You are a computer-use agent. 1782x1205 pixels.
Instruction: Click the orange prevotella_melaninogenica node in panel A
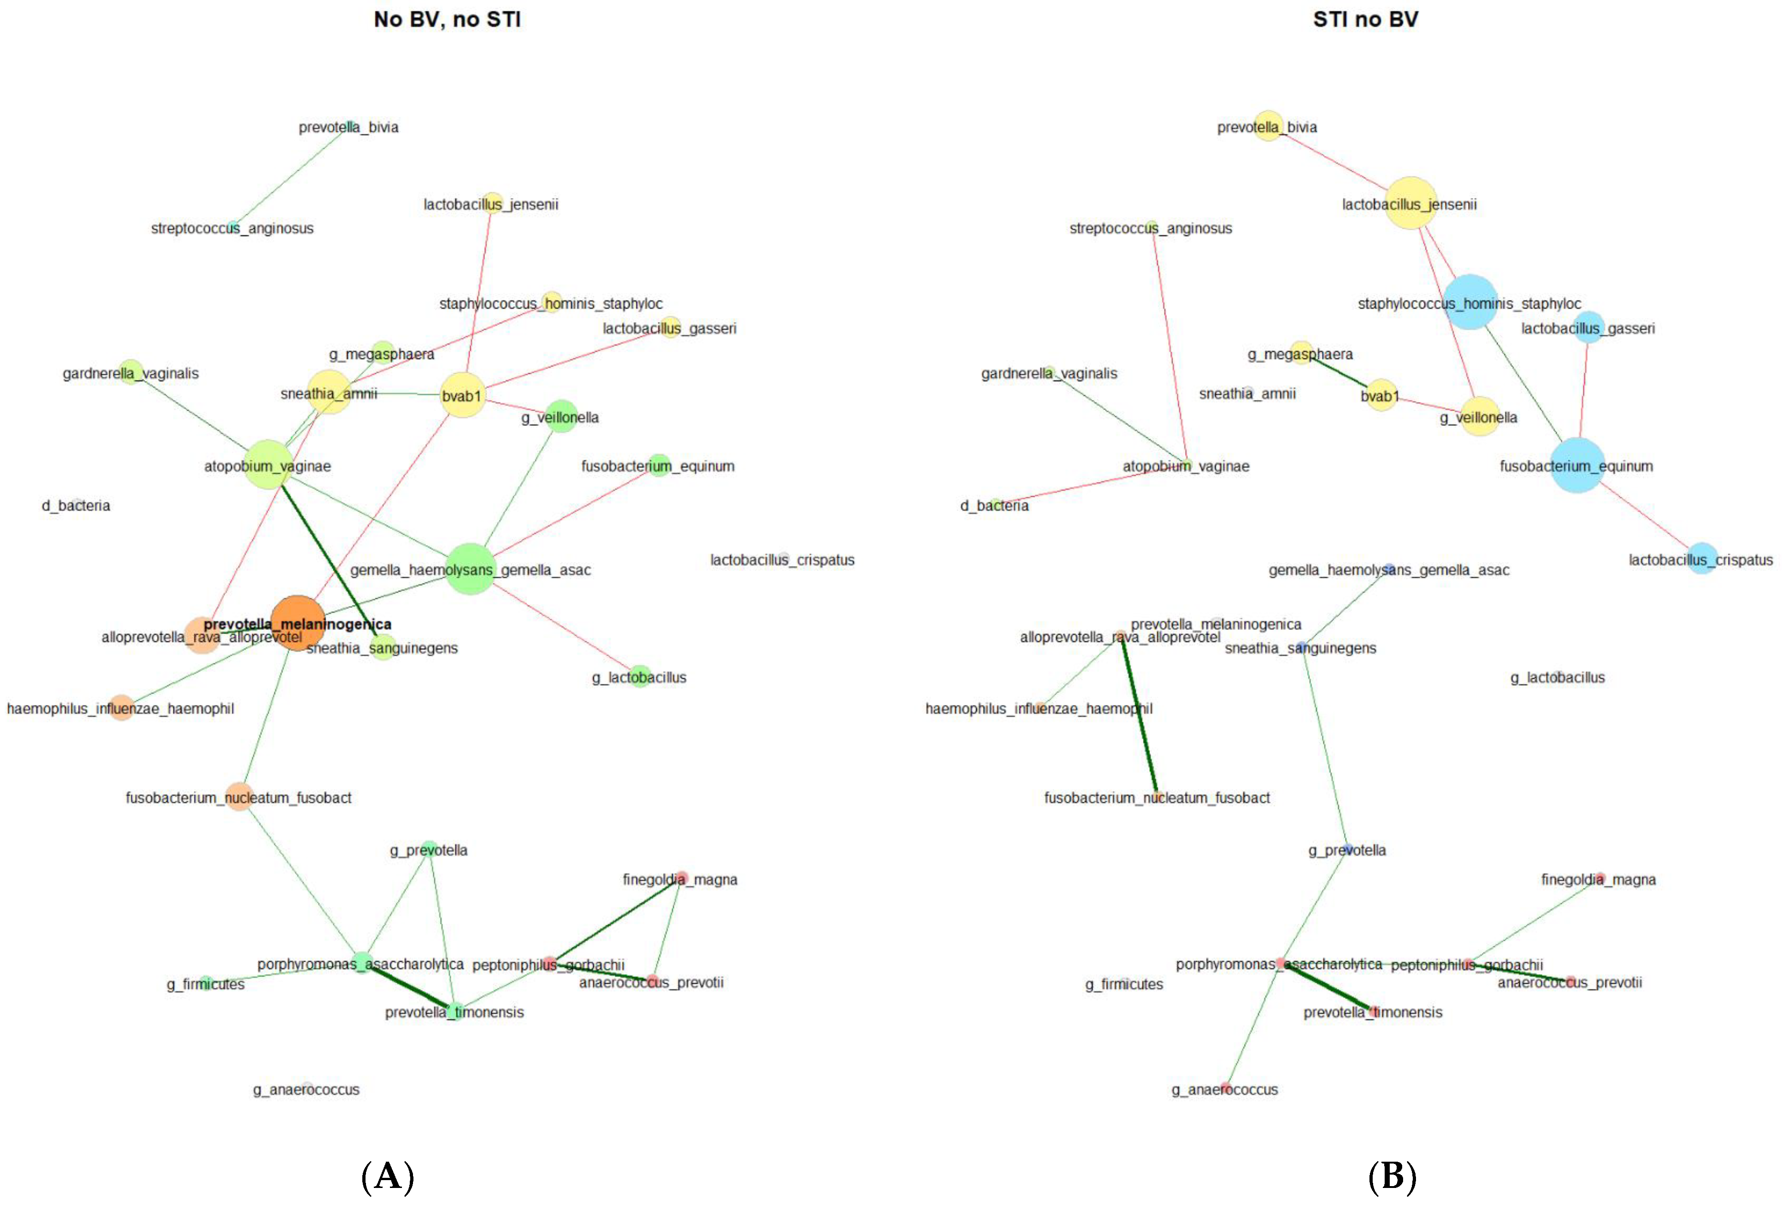point(297,623)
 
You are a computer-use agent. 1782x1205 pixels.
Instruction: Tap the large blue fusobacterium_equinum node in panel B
point(1576,465)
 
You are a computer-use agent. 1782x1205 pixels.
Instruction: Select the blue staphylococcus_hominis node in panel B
point(1470,302)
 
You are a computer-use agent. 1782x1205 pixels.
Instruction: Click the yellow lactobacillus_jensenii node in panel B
point(1410,203)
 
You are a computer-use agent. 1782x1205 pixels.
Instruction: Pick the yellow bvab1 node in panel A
point(462,395)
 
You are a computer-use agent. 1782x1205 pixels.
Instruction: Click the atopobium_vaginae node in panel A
point(268,464)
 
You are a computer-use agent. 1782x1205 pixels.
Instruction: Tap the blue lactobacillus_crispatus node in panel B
point(1701,559)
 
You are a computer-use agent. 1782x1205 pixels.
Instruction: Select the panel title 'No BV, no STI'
point(447,20)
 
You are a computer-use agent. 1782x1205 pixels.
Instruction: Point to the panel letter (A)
point(387,1176)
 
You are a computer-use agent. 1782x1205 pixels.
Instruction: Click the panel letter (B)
point(1392,1176)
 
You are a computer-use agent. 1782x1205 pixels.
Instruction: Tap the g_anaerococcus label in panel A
point(306,1089)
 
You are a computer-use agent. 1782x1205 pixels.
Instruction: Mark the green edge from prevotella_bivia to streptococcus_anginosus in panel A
point(291,176)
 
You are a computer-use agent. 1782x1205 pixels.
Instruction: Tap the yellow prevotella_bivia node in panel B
point(1269,126)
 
